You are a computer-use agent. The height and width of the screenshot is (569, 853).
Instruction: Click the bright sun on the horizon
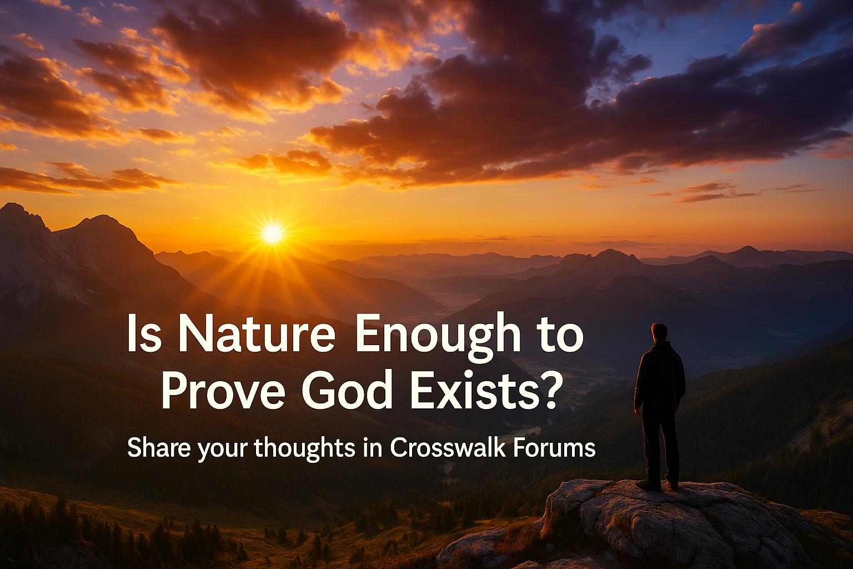tap(273, 233)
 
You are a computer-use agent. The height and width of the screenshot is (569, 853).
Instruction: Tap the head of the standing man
tap(659, 333)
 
